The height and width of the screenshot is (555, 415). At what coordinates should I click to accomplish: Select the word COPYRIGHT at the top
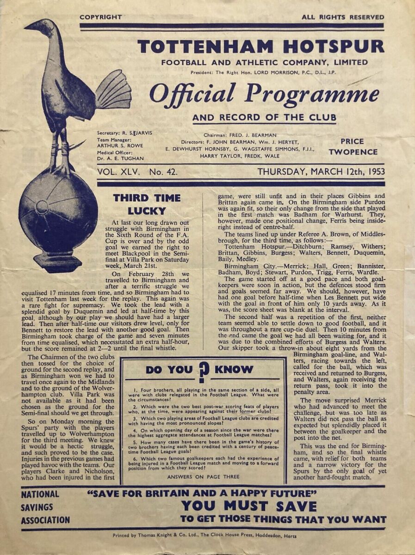(100, 17)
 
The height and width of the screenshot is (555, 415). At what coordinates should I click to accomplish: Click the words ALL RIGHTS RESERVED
(342, 17)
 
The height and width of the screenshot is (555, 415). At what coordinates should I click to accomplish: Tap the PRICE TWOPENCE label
(353, 147)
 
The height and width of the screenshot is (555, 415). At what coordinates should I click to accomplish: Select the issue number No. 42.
(163, 172)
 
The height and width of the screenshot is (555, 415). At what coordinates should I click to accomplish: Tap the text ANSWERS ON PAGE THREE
(203, 476)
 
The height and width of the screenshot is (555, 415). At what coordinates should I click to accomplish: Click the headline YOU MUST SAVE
(248, 506)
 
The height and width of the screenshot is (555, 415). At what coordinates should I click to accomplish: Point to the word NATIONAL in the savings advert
(40, 494)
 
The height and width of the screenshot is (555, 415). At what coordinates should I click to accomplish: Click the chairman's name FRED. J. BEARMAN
(257, 135)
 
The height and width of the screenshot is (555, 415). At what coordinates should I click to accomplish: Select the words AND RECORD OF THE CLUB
(264, 117)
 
